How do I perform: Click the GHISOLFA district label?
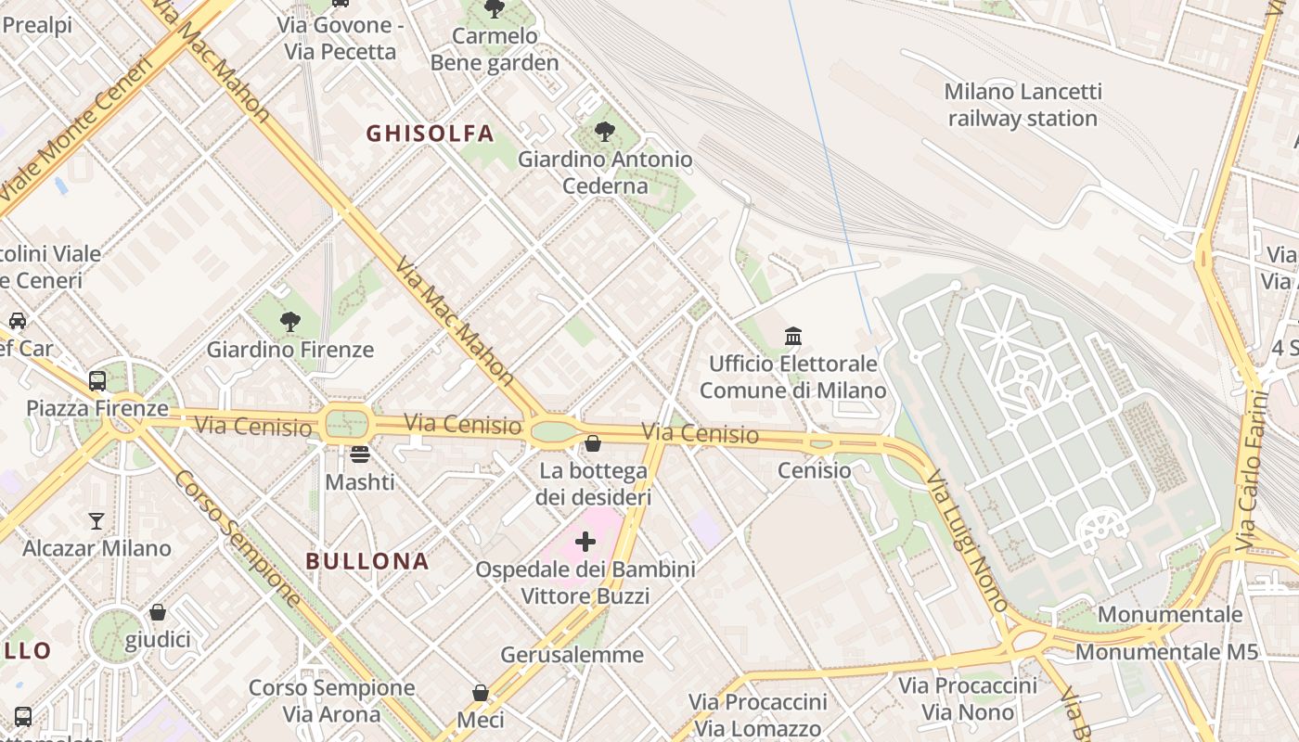[x=430, y=134]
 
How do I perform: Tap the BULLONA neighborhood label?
[x=367, y=561]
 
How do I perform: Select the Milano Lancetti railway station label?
[x=1022, y=105]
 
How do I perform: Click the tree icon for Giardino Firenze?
[x=290, y=322]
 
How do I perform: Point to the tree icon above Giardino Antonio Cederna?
[x=605, y=132]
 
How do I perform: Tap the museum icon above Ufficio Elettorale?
[x=793, y=336]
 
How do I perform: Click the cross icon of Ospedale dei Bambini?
[x=585, y=541]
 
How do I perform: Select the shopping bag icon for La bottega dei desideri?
[x=593, y=443]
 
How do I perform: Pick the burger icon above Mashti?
[x=360, y=454]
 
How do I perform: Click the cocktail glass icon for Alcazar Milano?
[x=96, y=520]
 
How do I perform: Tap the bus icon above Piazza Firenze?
[x=97, y=380]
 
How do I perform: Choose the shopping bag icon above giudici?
[x=158, y=612]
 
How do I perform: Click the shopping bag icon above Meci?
[x=481, y=693]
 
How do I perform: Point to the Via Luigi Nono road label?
[x=967, y=541]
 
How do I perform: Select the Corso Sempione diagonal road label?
[x=237, y=538]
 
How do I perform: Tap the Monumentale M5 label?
[x=1166, y=652]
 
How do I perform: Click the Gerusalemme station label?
[x=572, y=655]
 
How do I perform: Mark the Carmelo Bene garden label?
[x=495, y=49]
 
